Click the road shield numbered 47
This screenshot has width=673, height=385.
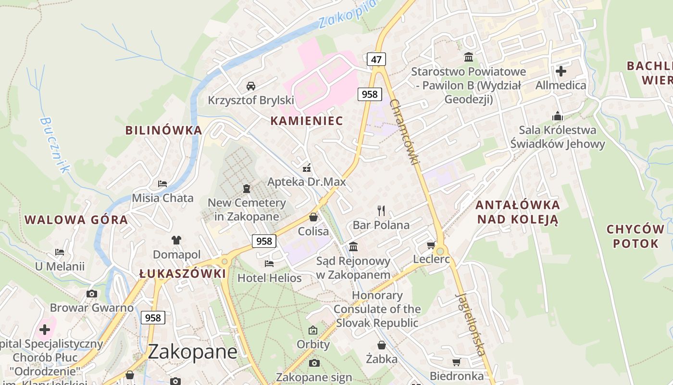tap(376, 60)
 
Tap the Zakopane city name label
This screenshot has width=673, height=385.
tap(192, 352)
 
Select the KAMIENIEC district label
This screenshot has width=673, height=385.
tap(307, 121)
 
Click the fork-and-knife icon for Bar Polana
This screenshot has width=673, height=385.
tap(381, 210)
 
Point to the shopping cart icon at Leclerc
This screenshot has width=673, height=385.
tap(431, 245)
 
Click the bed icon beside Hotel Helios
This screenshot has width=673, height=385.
tap(269, 264)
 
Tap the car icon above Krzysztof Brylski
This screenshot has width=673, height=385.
tap(250, 86)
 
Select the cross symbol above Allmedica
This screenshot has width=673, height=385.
tap(561, 71)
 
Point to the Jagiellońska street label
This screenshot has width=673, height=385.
tap(470, 324)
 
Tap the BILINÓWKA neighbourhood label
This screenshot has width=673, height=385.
tap(163, 130)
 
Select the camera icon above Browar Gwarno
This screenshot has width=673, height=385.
tap(91, 294)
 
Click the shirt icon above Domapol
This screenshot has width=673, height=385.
tap(176, 240)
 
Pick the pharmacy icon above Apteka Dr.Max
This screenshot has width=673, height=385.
tap(306, 168)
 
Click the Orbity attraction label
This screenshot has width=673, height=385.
tap(313, 345)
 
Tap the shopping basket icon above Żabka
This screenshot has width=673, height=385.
tap(381, 345)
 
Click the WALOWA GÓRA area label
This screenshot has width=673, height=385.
tap(76, 220)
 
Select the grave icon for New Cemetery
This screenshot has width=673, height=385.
tap(247, 188)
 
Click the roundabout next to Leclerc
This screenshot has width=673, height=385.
tap(440, 251)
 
